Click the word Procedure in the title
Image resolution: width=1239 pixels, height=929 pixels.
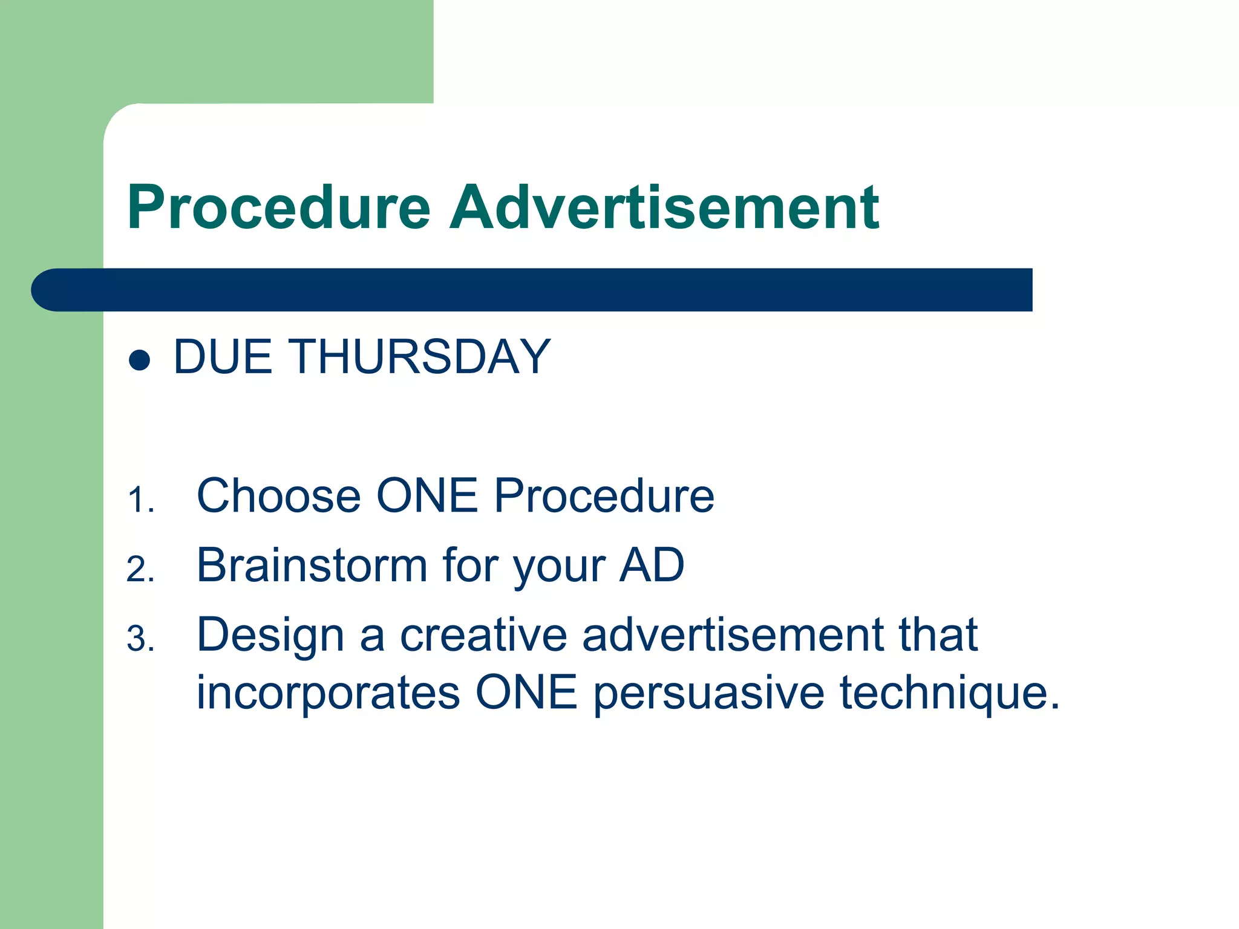pos(278,208)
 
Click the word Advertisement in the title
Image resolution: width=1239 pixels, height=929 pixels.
pos(664,208)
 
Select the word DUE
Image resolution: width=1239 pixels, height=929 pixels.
pos(223,357)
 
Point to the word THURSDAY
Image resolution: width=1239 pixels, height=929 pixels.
pos(422,357)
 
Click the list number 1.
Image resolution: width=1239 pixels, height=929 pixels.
pos(140,501)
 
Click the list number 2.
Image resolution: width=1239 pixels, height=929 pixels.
pos(140,570)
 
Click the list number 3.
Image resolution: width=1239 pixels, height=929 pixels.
pos(140,639)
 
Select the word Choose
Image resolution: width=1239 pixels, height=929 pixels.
pos(279,496)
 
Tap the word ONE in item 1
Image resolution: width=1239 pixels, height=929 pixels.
pos(427,496)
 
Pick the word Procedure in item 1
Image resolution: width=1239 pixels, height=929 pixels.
pos(604,496)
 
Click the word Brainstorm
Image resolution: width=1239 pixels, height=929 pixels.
pos(312,566)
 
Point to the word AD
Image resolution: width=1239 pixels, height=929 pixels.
pos(652,566)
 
